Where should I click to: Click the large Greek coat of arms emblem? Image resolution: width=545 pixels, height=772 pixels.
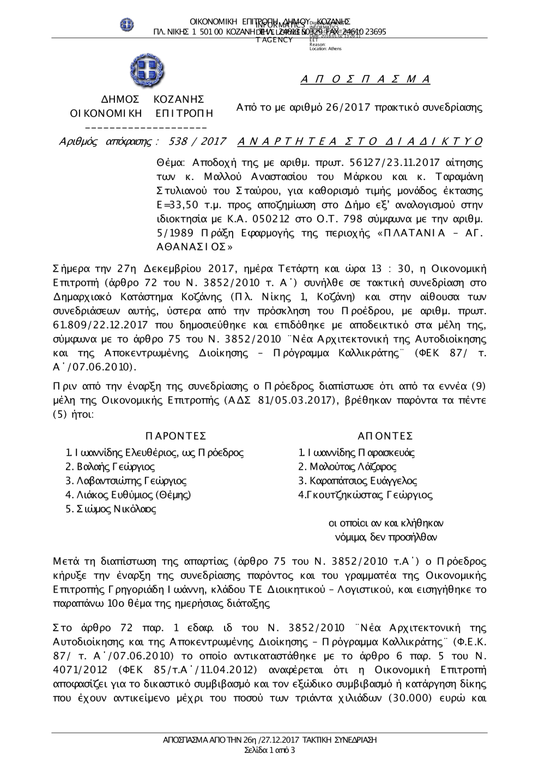pyautogui.click(x=147, y=71)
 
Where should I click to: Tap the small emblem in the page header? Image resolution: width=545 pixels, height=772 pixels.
pyautogui.click(x=127, y=25)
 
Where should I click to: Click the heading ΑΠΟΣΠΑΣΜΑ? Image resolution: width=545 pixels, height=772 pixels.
pyautogui.click(x=366, y=80)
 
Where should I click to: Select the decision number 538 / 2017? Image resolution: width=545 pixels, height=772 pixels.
pyautogui.click(x=198, y=142)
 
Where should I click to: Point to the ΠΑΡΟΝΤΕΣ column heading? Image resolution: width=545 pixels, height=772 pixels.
pyautogui.click(x=175, y=435)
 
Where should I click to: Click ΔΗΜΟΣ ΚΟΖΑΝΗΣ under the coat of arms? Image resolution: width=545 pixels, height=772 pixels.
pyautogui.click(x=153, y=99)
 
